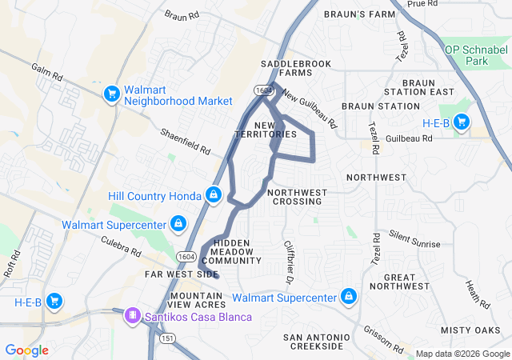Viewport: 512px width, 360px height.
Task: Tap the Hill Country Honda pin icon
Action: pyautogui.click(x=214, y=195)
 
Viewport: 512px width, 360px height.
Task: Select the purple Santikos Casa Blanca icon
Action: pyautogui.click(x=131, y=317)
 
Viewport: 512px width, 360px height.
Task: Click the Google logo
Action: pyautogui.click(x=26, y=350)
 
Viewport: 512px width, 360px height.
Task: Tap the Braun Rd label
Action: pyautogui.click(x=182, y=16)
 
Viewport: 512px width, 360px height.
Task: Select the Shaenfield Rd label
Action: pyautogui.click(x=185, y=142)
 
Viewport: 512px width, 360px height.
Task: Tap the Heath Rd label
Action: pyautogui.click(x=477, y=294)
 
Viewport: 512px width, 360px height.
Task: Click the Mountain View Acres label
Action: pyautogui.click(x=198, y=300)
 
